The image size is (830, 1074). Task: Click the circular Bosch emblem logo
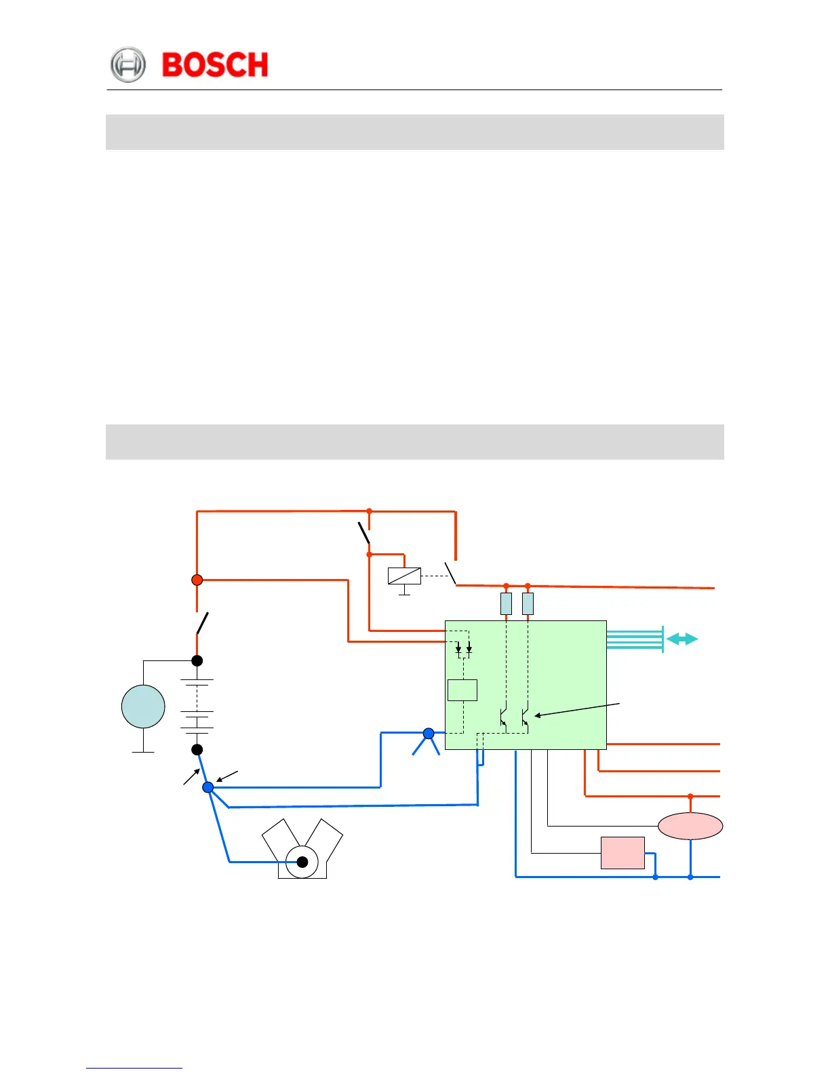[127, 65]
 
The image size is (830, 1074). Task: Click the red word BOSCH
[215, 65]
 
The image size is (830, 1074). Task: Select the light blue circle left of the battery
[143, 707]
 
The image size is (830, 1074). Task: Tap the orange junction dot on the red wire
[197, 580]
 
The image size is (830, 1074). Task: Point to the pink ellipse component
[690, 826]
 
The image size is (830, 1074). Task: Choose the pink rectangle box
[622, 853]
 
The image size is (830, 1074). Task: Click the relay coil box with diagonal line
[404, 576]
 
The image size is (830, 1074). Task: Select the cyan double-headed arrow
[682, 639]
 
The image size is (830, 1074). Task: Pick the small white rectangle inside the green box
[462, 690]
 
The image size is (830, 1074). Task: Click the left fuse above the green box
[506, 603]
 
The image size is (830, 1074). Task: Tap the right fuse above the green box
[528, 603]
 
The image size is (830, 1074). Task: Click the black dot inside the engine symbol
[302, 862]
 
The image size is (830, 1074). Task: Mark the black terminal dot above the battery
[197, 660]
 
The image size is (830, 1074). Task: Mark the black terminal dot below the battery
[197, 749]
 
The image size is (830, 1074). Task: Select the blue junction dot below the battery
[208, 787]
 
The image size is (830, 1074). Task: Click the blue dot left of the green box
[429, 733]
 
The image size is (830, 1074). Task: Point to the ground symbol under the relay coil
[404, 593]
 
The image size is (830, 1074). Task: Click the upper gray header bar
[414, 132]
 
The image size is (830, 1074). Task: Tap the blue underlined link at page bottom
[134, 1068]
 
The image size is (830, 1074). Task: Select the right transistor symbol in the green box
[525, 717]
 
